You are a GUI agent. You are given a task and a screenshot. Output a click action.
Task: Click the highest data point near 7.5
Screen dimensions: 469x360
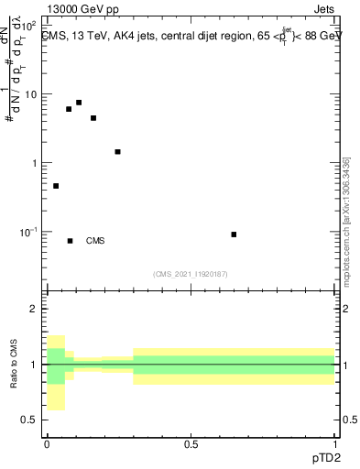tap(79, 103)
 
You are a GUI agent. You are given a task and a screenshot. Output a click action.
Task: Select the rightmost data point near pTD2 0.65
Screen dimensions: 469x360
tap(234, 234)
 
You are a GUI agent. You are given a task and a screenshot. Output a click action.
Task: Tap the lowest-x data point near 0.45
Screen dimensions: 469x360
tap(56, 186)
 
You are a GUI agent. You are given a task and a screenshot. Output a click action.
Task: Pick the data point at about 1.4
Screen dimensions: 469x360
tap(117, 152)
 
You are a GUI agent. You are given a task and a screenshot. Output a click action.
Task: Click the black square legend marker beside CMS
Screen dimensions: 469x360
tap(70, 241)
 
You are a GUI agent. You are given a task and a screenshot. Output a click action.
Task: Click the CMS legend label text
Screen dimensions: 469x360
tap(95, 242)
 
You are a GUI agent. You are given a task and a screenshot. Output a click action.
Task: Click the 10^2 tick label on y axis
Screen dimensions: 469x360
tap(29, 26)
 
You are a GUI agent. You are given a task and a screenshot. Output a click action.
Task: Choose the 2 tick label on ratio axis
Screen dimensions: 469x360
tap(33, 310)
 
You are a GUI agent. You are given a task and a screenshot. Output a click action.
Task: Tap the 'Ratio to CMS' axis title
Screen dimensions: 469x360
tap(14, 365)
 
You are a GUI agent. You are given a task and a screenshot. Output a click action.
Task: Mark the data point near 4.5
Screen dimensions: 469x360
tap(93, 118)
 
